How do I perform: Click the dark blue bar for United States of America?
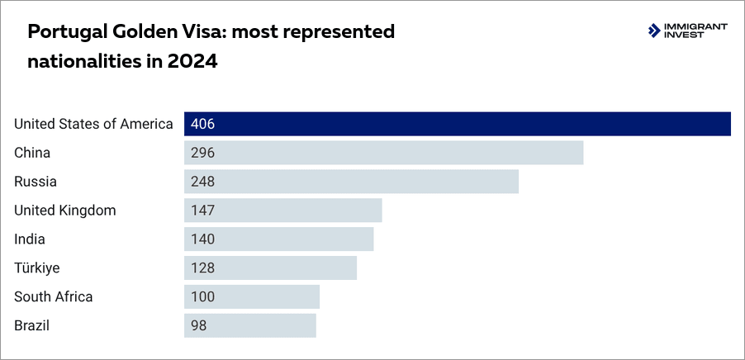click(457, 124)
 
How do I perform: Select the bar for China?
click(383, 153)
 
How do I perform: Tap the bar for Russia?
click(351, 182)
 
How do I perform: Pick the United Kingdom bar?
click(282, 211)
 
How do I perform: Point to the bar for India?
click(278, 239)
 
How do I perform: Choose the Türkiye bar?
click(270, 268)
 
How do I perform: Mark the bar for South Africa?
click(251, 297)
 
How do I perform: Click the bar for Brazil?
click(249, 325)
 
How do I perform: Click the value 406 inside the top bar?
click(202, 124)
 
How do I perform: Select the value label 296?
click(202, 153)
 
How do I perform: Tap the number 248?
click(202, 182)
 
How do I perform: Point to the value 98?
click(198, 325)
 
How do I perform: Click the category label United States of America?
click(93, 124)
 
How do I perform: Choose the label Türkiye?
click(36, 268)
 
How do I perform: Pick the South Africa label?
click(54, 297)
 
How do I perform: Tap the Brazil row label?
click(32, 325)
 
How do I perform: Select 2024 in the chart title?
click(194, 61)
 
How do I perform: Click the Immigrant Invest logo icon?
click(656, 31)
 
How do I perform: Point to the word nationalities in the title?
click(78, 61)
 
